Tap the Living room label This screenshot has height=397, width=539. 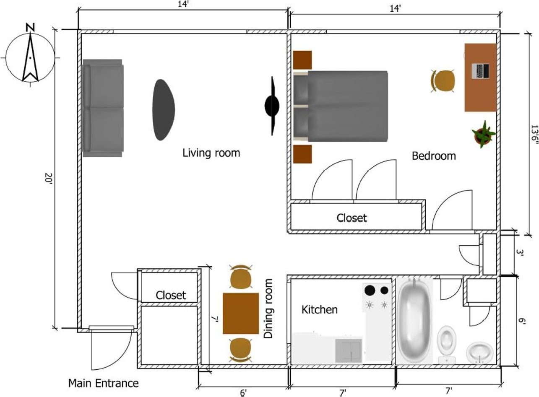point(211,153)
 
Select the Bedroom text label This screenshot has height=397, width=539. point(433,156)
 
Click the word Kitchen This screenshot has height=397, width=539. point(320,310)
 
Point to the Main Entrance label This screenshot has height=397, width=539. point(103,383)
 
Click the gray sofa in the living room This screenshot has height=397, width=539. point(103,108)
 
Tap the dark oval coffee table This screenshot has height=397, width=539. point(163,110)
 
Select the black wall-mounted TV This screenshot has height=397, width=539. point(272,106)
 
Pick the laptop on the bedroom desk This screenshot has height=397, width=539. point(480,71)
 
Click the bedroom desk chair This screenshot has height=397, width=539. point(444,80)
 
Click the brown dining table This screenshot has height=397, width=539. point(240,314)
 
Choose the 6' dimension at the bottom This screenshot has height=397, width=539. point(243,392)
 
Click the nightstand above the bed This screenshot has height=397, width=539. point(302,60)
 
